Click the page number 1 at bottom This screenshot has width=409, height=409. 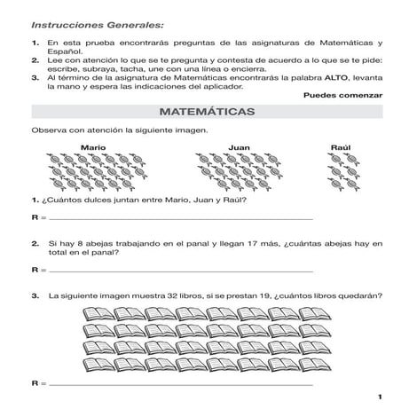pyautogui.click(x=379, y=396)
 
